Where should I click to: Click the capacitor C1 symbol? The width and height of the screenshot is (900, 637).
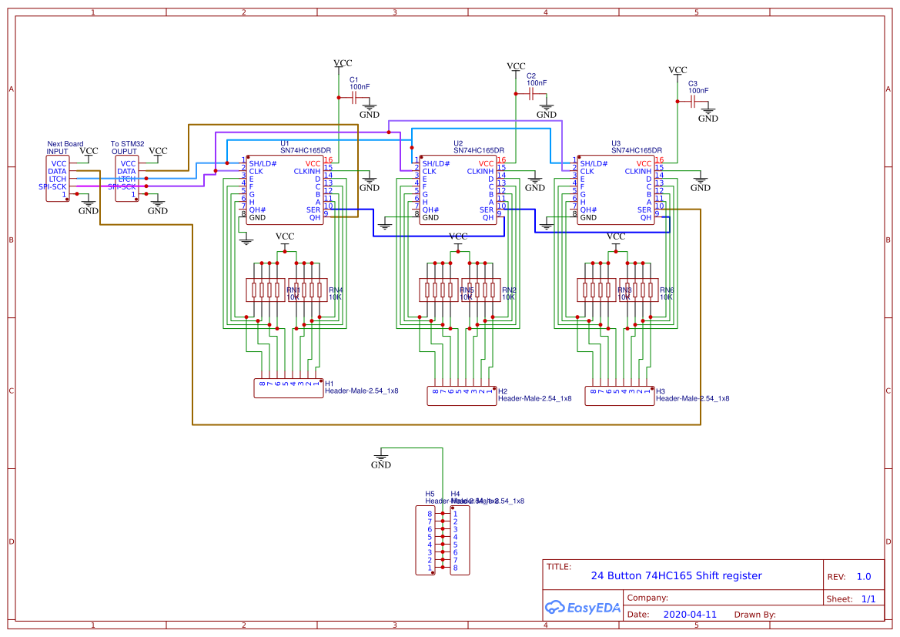tap(354, 98)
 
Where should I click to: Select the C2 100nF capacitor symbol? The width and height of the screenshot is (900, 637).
tap(531, 93)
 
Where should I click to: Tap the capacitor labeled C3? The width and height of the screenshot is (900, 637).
tap(693, 101)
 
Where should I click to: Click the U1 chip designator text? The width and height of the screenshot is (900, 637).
tap(284, 143)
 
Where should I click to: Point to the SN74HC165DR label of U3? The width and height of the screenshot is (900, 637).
tap(636, 151)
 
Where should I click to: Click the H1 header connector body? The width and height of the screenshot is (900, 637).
tap(288, 388)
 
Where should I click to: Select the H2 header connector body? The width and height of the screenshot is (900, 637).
tap(461, 396)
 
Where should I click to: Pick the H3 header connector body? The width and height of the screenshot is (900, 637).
tap(619, 396)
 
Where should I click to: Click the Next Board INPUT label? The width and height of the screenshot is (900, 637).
tap(65, 147)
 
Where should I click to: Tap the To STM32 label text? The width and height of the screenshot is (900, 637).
tap(127, 143)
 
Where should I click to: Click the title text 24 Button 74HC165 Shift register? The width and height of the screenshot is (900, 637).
tap(676, 575)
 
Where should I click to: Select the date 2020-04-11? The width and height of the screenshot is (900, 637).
tap(689, 615)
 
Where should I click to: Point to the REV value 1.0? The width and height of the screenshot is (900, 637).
tap(863, 576)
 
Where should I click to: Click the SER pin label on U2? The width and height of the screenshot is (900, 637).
tap(486, 210)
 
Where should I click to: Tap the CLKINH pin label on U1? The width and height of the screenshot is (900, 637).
tap(306, 171)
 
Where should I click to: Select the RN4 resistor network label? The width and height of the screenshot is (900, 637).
tap(336, 290)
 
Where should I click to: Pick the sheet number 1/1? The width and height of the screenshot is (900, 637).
tap(868, 598)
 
